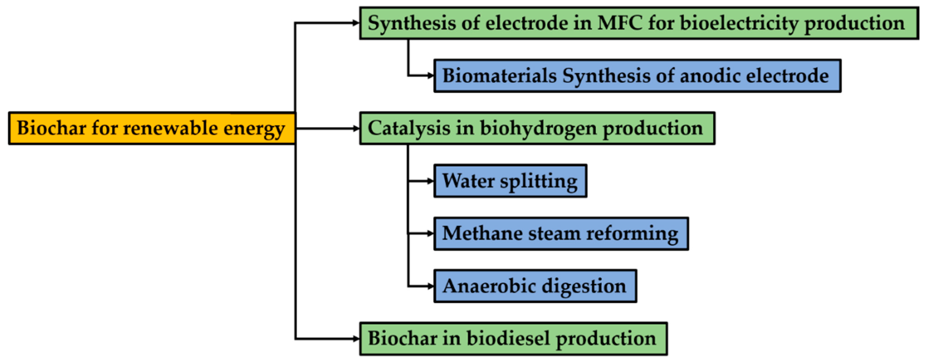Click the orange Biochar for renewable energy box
pos(152,128)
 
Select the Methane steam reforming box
pos(561,234)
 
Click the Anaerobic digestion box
pos(535,286)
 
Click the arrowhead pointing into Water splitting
pos(430,181)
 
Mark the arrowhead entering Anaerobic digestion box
pos(430,286)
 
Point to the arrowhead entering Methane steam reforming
pos(430,233)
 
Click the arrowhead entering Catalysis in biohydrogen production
pos(356,128)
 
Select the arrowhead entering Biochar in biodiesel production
pos(356,338)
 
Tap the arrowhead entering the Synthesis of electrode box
pos(356,23)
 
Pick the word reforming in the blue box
pos(632,234)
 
